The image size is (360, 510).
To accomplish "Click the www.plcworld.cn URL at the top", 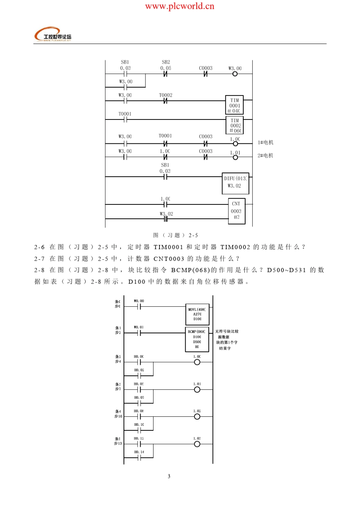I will [180, 6].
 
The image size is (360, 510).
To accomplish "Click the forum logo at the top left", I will [53, 35].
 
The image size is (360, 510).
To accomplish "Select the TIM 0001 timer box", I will [235, 105].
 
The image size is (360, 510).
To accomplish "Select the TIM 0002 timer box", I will [235, 126].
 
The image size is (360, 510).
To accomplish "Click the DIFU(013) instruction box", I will [235, 183].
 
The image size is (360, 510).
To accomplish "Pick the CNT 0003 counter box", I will [236, 211].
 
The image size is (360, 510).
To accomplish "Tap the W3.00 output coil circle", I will [235, 74].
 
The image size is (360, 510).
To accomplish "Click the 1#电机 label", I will [265, 143].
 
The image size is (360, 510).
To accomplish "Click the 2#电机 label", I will [265, 155].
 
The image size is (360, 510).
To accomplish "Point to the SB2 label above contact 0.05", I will [166, 62].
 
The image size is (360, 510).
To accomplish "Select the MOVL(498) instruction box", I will [197, 314].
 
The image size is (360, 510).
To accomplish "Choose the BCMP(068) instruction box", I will [197, 339].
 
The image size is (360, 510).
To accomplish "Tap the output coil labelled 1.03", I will [197, 444].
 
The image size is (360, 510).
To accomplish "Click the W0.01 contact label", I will [139, 327].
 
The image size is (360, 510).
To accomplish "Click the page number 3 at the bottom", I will [169, 476].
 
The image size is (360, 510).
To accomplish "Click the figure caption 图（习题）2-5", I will [175, 235].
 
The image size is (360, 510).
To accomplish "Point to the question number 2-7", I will [39, 259].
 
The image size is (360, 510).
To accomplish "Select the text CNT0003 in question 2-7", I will [169, 259].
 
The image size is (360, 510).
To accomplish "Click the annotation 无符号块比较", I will [227, 331].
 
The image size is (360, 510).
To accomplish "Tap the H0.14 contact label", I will [139, 452].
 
